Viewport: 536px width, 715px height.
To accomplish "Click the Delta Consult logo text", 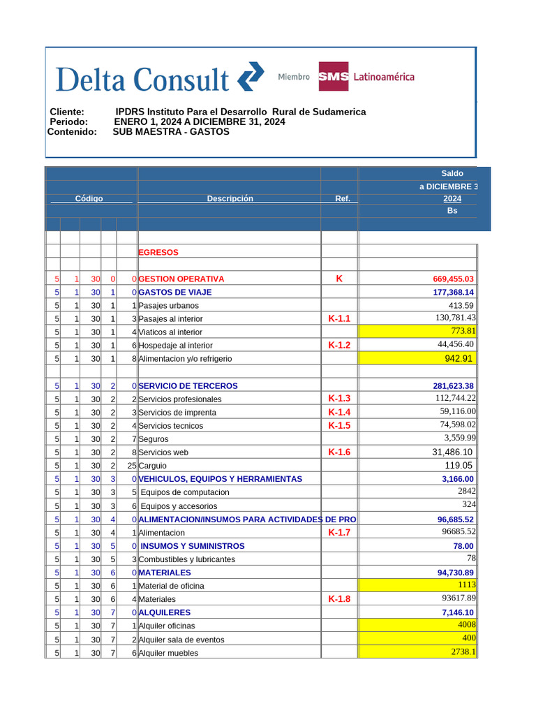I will pos(142,79).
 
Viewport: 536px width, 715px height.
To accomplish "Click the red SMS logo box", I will pos(333,77).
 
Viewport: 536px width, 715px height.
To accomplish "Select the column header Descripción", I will pos(230,199).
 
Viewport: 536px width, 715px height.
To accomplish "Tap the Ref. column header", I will pos(342,199).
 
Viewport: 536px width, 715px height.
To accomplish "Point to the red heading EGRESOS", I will pos(158,253).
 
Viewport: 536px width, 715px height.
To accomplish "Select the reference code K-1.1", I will pos(339,318).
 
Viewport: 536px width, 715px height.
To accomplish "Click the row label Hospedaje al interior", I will pos(175,346).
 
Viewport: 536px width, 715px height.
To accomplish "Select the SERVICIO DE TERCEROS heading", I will pos(188,386).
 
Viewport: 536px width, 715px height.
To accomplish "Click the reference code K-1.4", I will pos(339,412).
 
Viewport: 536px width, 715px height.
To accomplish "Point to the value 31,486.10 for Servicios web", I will pos(453,452).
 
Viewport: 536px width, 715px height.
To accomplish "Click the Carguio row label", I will pos(152,466).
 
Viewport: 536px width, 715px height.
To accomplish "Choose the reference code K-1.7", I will pos(339,533).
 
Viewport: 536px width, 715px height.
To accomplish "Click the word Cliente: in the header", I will pos(67,112).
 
